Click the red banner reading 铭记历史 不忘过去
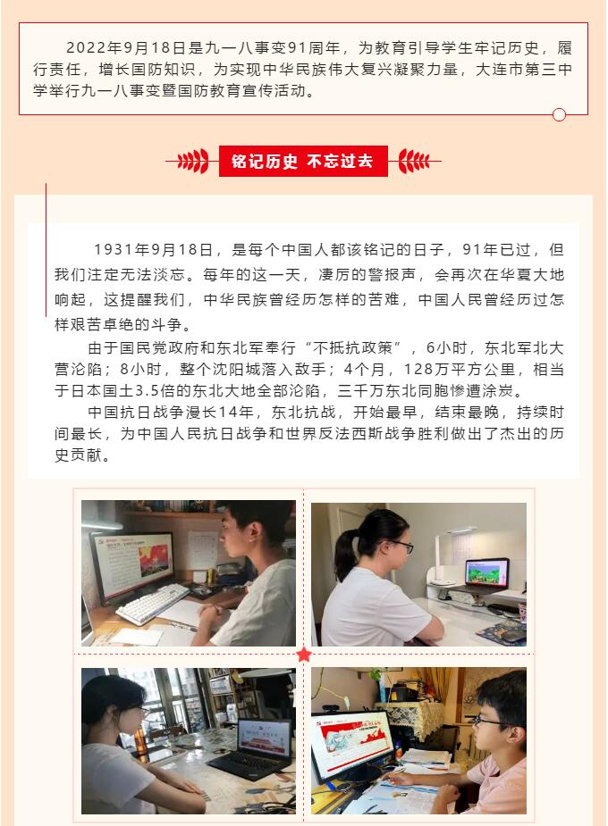pyautogui.click(x=303, y=162)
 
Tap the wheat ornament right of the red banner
pyautogui.click(x=414, y=162)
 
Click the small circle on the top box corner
pyautogui.click(x=560, y=114)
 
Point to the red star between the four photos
pyautogui.click(x=304, y=655)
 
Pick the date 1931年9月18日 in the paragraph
pyautogui.click(x=153, y=251)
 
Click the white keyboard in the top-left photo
pyautogui.click(x=152, y=604)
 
